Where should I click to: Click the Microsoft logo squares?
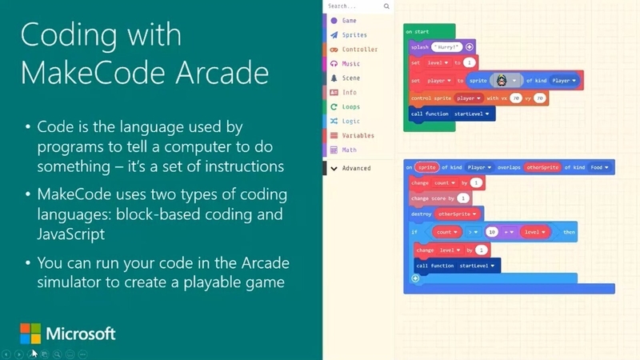click(30, 334)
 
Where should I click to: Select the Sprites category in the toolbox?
click(354, 35)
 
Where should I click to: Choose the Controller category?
click(359, 50)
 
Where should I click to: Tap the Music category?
click(350, 64)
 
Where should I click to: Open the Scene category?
click(350, 78)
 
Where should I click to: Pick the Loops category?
click(350, 106)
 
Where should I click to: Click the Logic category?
click(350, 121)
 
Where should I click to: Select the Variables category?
click(357, 135)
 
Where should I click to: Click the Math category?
click(349, 150)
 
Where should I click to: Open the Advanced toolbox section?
click(356, 168)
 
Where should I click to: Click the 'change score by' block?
click(432, 198)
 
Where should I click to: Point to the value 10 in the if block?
click(493, 232)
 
